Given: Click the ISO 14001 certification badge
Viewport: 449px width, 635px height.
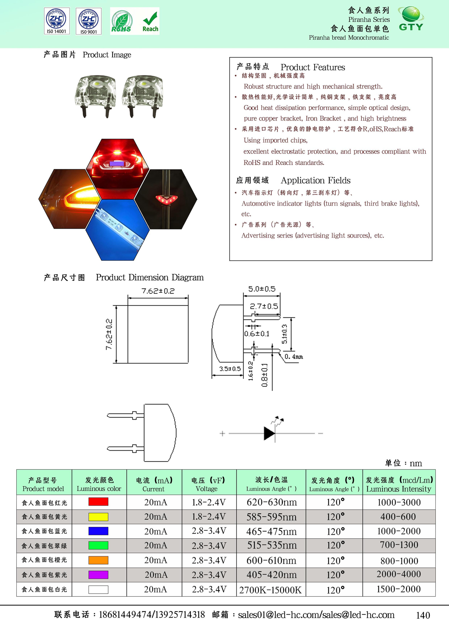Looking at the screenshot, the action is coord(57,21).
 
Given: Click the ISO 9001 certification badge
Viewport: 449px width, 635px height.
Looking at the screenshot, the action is coord(89,21).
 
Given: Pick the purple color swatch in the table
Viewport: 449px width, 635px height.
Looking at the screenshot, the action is coord(98,575).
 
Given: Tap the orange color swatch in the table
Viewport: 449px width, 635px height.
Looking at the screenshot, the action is coord(98,560).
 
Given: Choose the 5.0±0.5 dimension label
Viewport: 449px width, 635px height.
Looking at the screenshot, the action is coord(262,289).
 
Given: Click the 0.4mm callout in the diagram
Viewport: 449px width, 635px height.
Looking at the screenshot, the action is coord(294,357).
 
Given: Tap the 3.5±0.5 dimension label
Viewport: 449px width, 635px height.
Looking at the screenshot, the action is coord(230,369).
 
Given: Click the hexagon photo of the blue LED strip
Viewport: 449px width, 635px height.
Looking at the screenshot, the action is coord(118,230).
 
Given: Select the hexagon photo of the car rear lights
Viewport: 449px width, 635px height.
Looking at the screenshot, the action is coord(118,169).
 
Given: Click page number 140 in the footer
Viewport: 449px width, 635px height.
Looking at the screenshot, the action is coord(423,615).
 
